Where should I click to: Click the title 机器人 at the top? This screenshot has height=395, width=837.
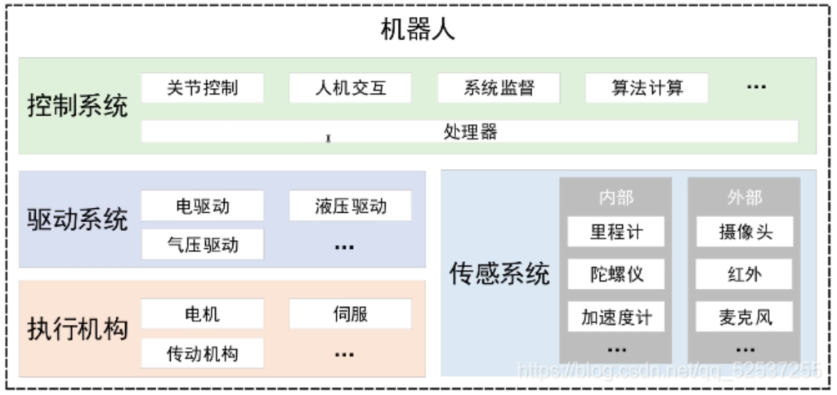[418, 30]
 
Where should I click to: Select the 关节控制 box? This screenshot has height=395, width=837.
[203, 88]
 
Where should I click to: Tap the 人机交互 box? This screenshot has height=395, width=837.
[350, 88]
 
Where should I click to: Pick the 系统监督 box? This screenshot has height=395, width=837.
[499, 88]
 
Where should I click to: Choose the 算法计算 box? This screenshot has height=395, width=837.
[647, 88]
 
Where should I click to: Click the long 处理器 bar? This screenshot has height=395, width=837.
[470, 131]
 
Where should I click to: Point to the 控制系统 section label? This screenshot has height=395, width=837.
[78, 106]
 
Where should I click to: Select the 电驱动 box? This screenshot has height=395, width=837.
[203, 206]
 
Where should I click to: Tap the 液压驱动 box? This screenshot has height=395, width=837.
[350, 206]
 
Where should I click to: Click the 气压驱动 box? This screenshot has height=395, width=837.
[203, 245]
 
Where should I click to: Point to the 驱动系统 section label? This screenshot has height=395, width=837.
[78, 219]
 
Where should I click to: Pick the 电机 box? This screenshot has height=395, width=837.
[203, 314]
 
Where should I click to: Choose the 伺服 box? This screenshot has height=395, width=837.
[350, 314]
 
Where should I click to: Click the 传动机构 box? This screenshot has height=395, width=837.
[203, 353]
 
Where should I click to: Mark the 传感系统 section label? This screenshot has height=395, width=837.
[499, 274]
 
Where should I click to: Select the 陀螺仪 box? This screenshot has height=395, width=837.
[616, 274]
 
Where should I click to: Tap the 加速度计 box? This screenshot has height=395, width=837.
[616, 317]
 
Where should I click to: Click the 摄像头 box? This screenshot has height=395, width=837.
[745, 232]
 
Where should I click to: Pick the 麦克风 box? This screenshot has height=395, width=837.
[745, 317]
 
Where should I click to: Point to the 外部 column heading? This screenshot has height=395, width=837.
[745, 197]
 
